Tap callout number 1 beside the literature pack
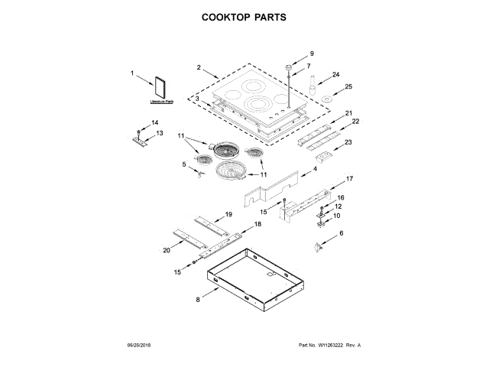[x=132, y=73]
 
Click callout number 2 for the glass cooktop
[x=199, y=68]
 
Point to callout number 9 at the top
[x=312, y=54]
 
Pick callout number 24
[x=335, y=75]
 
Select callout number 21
[x=348, y=113]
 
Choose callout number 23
[x=348, y=142]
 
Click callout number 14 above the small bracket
[x=154, y=123]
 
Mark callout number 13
[x=160, y=133]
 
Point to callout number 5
[x=184, y=164]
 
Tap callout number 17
[x=351, y=179]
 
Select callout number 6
[x=341, y=232]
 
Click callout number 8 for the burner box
[x=197, y=300]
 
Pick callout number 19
[x=228, y=215]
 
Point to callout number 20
[x=167, y=250]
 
